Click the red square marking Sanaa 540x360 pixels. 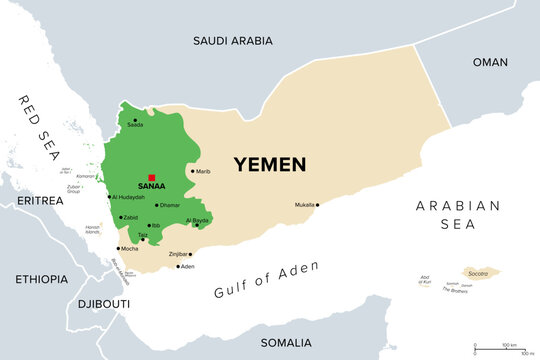point(151,177)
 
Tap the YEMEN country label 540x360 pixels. point(270,164)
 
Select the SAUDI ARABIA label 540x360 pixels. point(237,41)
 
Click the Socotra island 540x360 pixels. point(480,273)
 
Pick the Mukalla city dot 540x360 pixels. point(318,205)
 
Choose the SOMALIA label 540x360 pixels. point(286,342)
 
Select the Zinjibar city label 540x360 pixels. point(177,254)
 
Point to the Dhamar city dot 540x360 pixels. point(156,205)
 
